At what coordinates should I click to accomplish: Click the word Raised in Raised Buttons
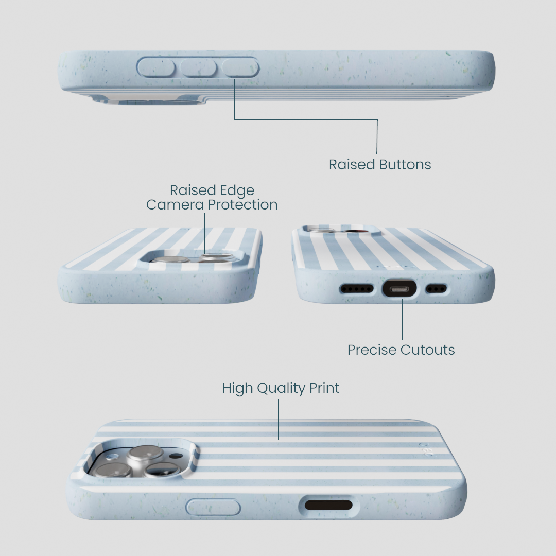click(352, 165)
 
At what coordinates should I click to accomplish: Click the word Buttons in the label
click(405, 165)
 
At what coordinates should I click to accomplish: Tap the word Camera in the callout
click(175, 204)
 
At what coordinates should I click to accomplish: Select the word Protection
click(242, 204)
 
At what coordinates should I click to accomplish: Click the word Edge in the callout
click(237, 191)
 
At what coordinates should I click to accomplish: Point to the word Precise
click(372, 350)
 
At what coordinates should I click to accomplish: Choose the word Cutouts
click(428, 350)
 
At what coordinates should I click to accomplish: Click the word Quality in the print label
click(281, 389)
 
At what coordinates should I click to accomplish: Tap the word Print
click(324, 388)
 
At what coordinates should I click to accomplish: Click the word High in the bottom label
click(237, 389)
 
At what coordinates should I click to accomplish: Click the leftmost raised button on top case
click(156, 67)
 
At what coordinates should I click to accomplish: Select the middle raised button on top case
click(198, 67)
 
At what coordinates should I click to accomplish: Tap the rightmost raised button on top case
click(240, 67)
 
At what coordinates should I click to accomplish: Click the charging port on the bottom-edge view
click(399, 289)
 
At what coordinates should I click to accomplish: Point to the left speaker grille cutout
click(357, 289)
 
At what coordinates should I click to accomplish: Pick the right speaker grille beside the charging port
click(436, 289)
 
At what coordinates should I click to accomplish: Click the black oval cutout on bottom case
click(328, 505)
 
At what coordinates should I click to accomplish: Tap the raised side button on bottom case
click(213, 507)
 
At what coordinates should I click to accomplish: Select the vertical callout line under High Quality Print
click(279, 420)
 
